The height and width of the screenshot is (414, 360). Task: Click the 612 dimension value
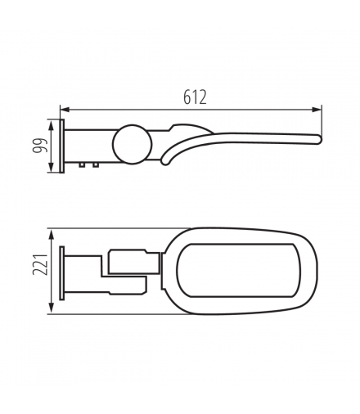195,97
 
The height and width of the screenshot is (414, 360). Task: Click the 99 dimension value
40,146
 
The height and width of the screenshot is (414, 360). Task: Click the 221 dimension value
40,265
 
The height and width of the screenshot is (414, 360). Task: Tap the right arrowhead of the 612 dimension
317,110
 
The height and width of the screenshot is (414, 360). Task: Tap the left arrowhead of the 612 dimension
65,110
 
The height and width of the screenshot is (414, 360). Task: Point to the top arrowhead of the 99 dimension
51,124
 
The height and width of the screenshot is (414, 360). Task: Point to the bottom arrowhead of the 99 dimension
51,167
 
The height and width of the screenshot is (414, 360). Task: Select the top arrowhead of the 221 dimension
51,234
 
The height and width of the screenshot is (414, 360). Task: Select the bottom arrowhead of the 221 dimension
51,309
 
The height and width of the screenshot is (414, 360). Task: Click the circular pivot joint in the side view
133,145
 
